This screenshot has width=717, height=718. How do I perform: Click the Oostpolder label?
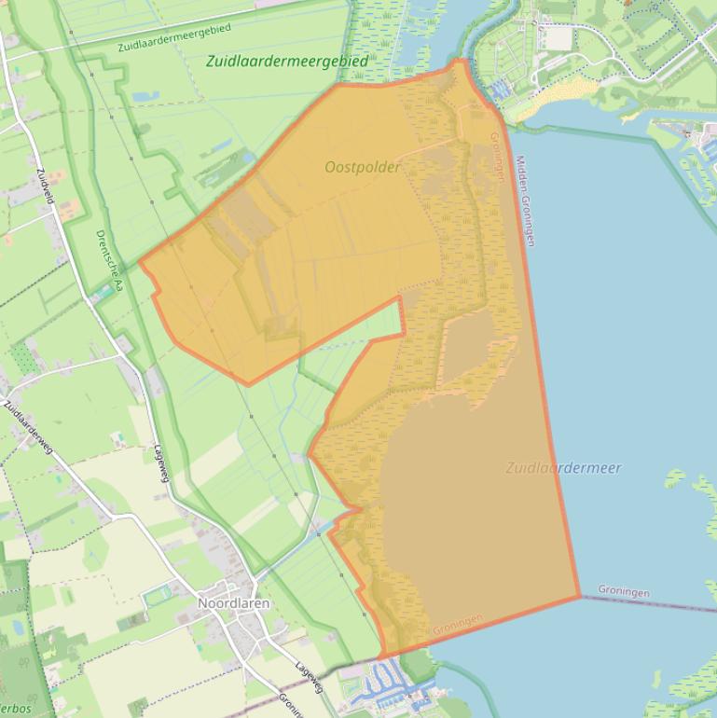pos(363,168)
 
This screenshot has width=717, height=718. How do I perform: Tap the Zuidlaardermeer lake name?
pos(563,468)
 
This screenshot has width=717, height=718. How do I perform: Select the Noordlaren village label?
pos(233,603)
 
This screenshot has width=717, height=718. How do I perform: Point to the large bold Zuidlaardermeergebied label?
pos(287,61)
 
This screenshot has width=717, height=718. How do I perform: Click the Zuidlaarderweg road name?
pos(29,427)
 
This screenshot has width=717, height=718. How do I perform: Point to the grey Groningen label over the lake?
pos(624,592)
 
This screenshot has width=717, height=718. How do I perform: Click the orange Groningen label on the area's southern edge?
pos(457,625)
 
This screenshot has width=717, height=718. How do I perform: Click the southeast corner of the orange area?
pos(580,596)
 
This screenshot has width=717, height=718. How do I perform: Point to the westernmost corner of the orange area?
pos(140,262)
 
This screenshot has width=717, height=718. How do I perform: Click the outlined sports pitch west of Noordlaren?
pos(159,592)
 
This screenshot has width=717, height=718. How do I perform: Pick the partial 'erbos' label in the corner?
pos(15,709)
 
